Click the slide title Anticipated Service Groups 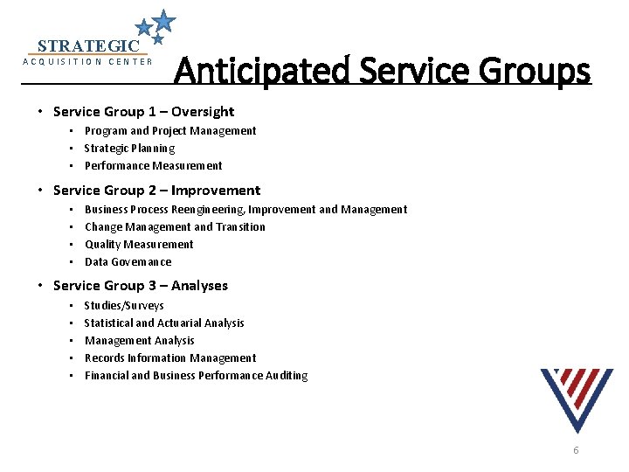[382, 70]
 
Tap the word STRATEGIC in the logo [88, 45]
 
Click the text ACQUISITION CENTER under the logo [87, 62]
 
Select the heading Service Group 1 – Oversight [143, 112]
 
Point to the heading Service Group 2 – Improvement [156, 191]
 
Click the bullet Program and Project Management [170, 131]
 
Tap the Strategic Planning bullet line [129, 149]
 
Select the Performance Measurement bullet [153, 166]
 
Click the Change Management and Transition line [175, 227]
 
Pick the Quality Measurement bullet [139, 245]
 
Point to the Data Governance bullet [128, 262]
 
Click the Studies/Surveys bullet [124, 306]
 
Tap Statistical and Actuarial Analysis [164, 323]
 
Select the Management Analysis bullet [140, 341]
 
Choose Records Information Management [170, 358]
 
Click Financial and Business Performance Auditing [196, 376]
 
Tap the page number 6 [576, 450]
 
